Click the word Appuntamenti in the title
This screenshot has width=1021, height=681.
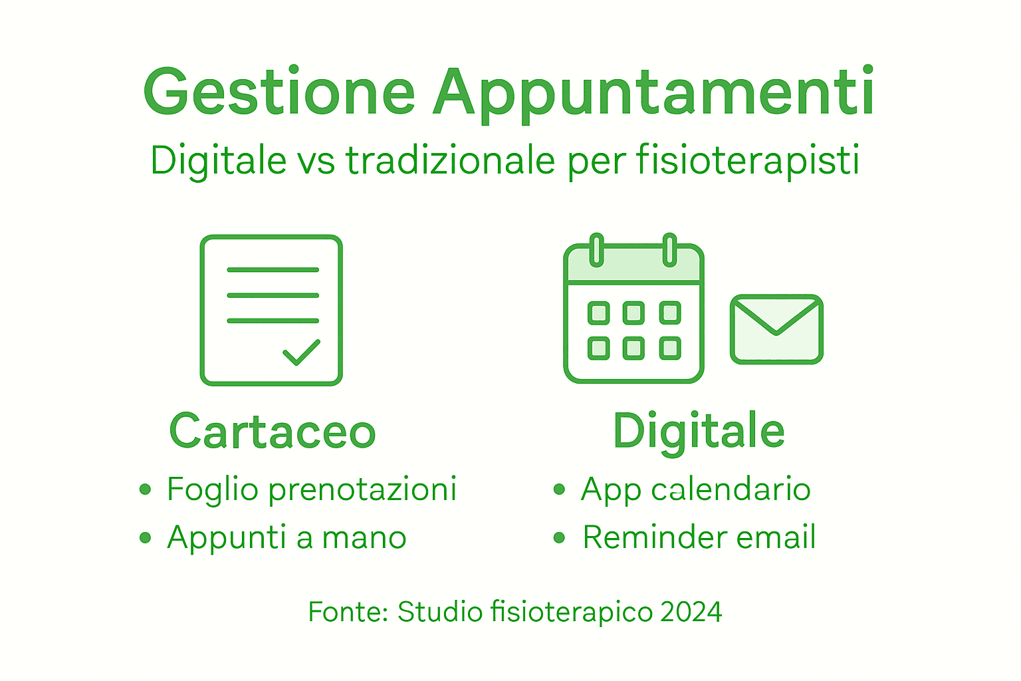click(x=654, y=93)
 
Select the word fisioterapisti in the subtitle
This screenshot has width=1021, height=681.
click(x=748, y=162)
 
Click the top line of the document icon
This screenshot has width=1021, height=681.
click(x=273, y=270)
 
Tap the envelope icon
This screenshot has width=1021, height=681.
click(x=776, y=329)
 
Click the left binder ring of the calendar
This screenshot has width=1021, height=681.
click(x=596, y=250)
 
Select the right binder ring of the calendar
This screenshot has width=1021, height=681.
click(x=670, y=250)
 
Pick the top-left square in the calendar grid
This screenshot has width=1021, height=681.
click(x=599, y=313)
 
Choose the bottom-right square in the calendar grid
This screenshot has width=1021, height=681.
click(x=669, y=348)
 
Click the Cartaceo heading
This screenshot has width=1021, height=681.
click(x=273, y=431)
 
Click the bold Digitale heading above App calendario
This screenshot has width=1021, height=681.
click(x=699, y=431)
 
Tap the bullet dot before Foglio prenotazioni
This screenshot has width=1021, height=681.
click(x=146, y=490)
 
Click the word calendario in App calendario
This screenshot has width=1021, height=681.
click(x=731, y=489)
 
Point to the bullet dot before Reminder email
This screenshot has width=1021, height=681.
click(x=559, y=537)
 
